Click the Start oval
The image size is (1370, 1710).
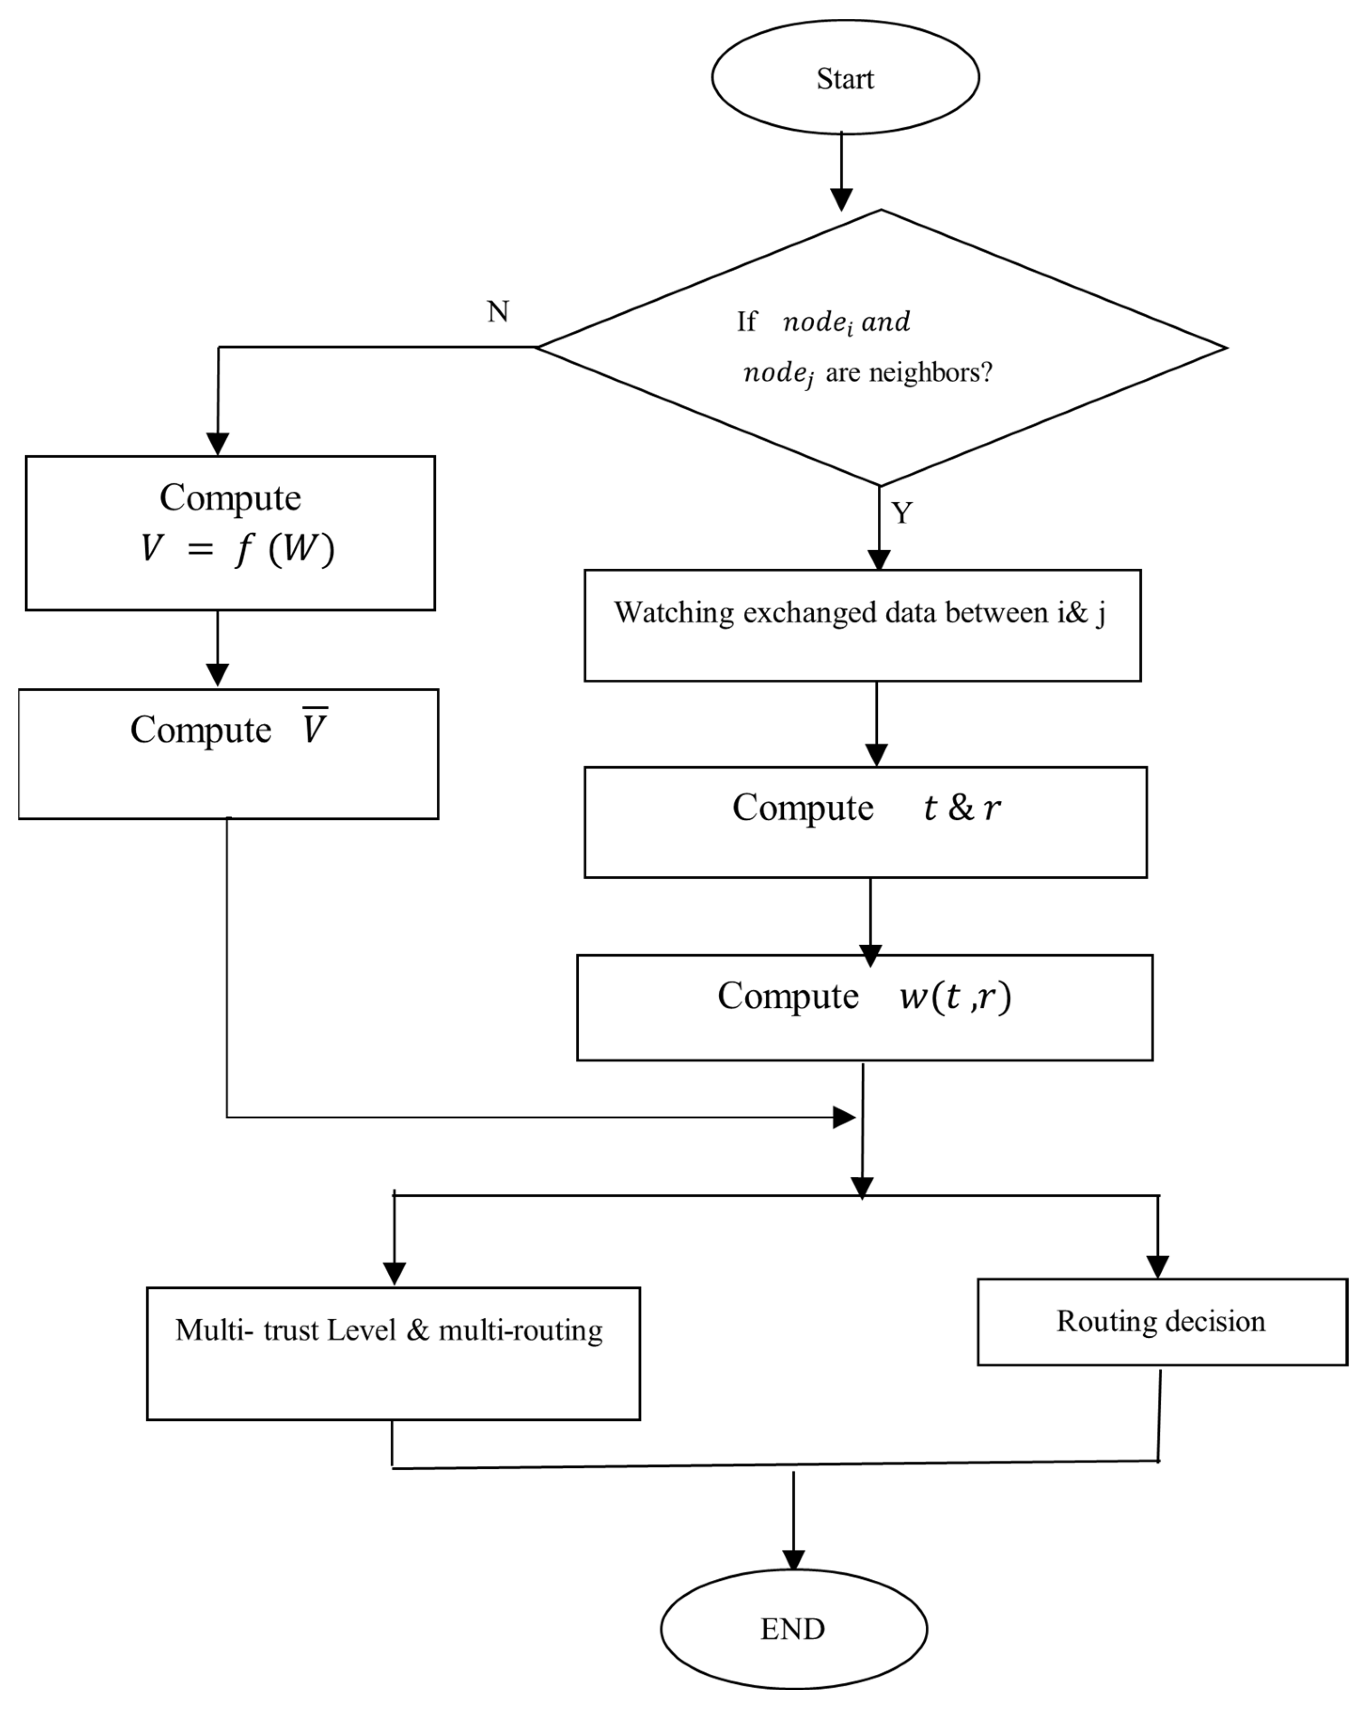pyautogui.click(x=845, y=78)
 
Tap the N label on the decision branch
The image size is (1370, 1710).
pyautogui.click(x=497, y=312)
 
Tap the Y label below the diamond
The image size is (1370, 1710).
pyautogui.click(x=902, y=513)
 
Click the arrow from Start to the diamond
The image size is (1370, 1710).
pyautogui.click(x=842, y=171)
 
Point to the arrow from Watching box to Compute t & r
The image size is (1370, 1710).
pyautogui.click(x=876, y=722)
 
